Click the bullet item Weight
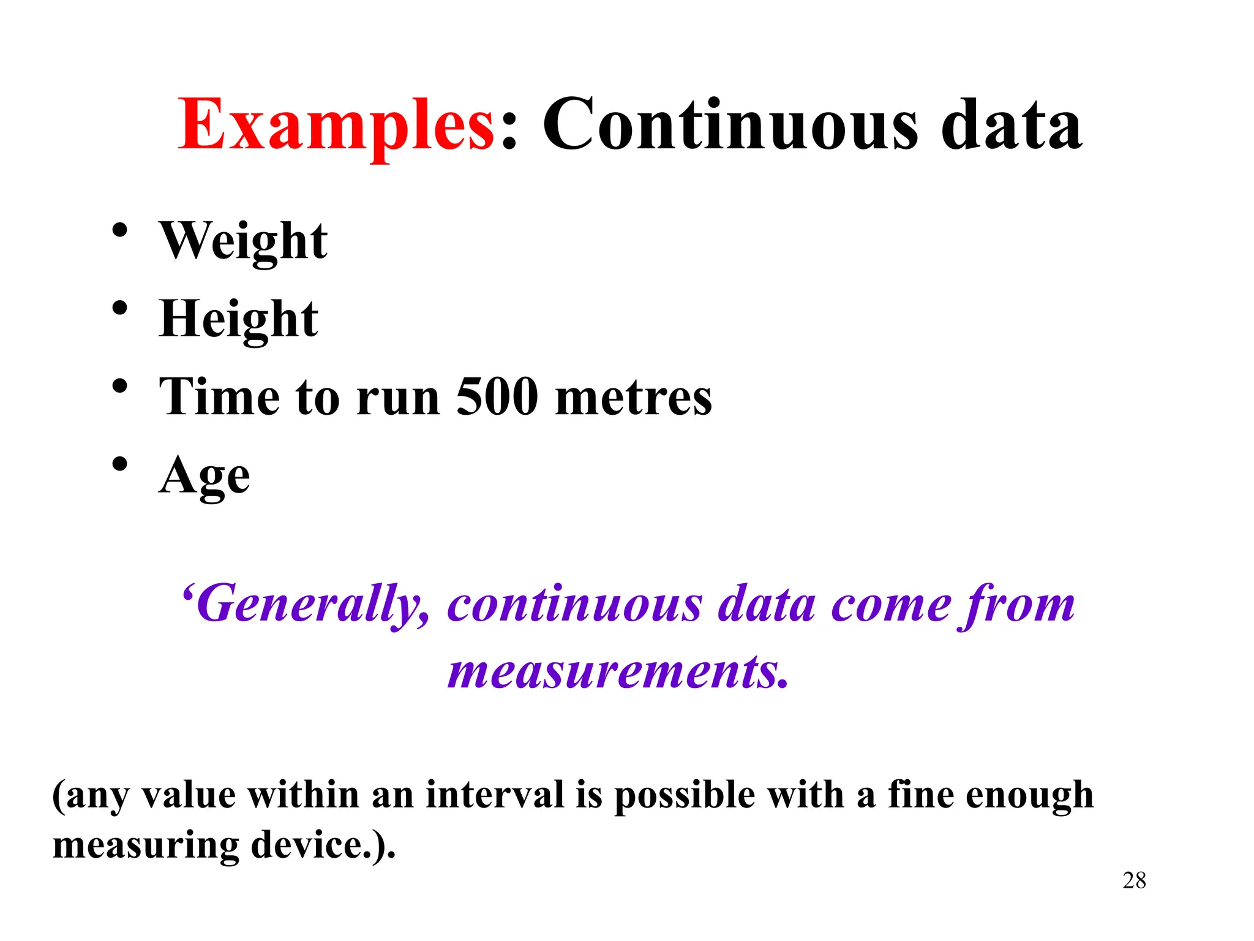click(x=243, y=241)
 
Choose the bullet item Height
click(x=238, y=319)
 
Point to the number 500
click(x=497, y=397)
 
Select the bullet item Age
click(x=205, y=476)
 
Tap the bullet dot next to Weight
click(x=120, y=230)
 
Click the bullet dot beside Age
click(x=120, y=464)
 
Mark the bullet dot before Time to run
click(x=120, y=386)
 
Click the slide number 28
click(x=1134, y=880)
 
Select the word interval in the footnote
click(x=495, y=795)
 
